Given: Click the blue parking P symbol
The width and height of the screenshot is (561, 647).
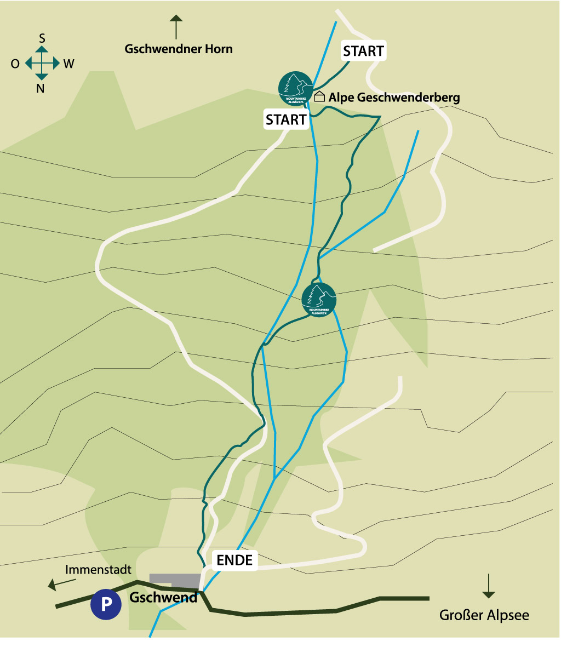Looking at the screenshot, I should (x=106, y=604).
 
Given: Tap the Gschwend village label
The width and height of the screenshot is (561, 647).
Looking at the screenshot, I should (x=163, y=597).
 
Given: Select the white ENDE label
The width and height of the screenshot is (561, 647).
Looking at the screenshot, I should (x=234, y=560).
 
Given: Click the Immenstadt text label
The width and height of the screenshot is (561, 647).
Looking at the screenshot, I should (x=98, y=570).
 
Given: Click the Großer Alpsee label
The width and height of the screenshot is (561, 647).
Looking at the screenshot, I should (x=484, y=615).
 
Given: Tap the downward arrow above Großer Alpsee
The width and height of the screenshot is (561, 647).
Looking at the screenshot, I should (x=488, y=587).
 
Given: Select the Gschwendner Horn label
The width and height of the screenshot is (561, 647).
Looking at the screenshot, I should (x=179, y=49).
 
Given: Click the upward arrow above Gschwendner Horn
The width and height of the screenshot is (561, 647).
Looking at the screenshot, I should (x=176, y=27).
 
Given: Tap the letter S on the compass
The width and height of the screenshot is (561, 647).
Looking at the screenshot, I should (x=42, y=38).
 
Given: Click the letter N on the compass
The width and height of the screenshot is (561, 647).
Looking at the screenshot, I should (x=41, y=88).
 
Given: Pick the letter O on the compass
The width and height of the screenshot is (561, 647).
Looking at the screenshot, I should (x=15, y=64).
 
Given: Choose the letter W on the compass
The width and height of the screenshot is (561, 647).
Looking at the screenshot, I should (x=68, y=64).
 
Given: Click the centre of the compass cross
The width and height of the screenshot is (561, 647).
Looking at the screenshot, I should (x=42, y=64).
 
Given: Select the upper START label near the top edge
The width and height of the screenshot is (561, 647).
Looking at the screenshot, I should (x=363, y=51).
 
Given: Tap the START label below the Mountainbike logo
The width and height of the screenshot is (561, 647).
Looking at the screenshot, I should (x=286, y=119).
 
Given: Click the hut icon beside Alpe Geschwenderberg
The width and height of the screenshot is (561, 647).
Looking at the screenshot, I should (x=319, y=97).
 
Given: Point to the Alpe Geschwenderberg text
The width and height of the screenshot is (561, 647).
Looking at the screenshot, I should (x=394, y=98).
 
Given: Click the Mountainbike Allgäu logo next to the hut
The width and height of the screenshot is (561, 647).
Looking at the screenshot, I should (x=295, y=88).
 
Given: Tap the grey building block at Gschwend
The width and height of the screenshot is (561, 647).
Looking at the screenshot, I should (x=175, y=580).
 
